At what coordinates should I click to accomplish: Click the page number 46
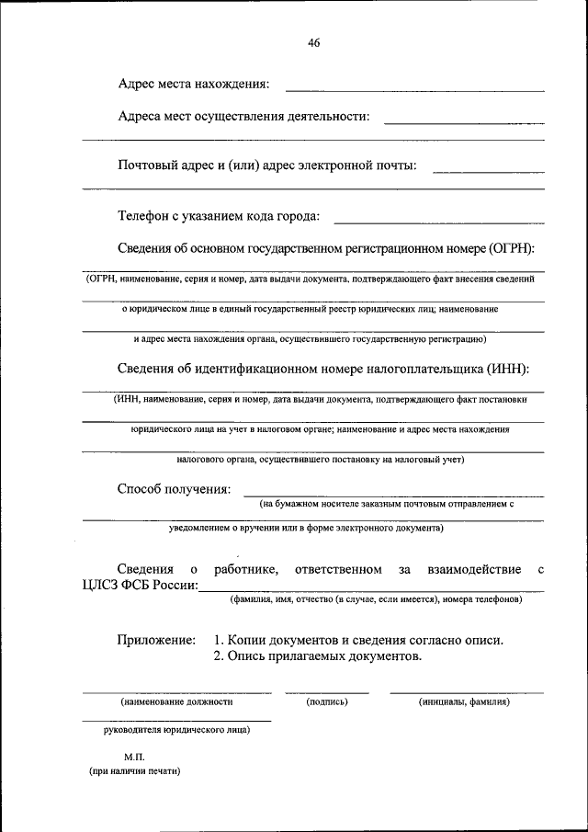point(314,43)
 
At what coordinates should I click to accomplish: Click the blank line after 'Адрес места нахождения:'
point(415,90)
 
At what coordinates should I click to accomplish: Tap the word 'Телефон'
point(144,216)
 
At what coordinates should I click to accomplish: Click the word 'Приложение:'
point(156,639)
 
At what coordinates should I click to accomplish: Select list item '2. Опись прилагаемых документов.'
point(317,656)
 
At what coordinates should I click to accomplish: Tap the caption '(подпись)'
point(326,701)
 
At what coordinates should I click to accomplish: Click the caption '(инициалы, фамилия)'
point(465,701)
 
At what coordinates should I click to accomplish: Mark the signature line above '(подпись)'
point(326,692)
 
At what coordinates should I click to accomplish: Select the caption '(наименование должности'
point(176,701)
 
